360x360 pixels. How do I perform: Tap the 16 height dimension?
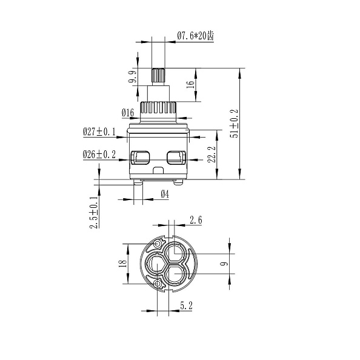190,84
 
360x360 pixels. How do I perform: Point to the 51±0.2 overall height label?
235,123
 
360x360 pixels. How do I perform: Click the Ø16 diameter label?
128,113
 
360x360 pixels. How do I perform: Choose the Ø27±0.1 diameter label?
99,132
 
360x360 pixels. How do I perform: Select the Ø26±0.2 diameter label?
99,155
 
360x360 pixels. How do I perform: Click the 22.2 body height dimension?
212,155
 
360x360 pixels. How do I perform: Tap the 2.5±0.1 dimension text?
95,212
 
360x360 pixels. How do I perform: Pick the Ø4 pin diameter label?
165,194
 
